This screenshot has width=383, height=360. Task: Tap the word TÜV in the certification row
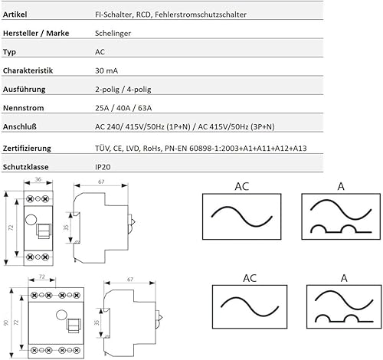(x=101, y=147)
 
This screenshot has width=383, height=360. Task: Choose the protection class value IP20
(x=100, y=165)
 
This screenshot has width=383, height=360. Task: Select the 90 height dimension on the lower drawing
(x=5, y=323)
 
